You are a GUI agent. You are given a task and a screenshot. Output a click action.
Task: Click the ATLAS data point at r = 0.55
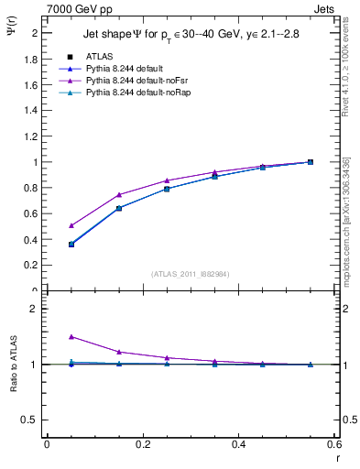[x=311, y=162]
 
